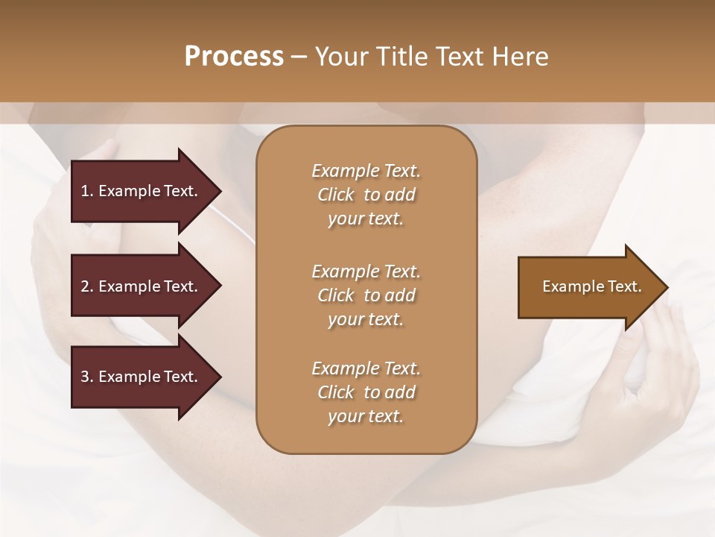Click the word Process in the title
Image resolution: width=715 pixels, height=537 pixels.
[x=234, y=57]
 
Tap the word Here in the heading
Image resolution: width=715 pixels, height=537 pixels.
[x=520, y=57]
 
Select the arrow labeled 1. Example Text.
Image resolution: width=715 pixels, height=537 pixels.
[x=142, y=191]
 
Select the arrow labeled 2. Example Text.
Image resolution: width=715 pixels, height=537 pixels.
[x=142, y=286]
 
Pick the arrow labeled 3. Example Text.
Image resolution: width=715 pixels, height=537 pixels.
[x=142, y=377]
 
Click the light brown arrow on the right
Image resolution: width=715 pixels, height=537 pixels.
[x=588, y=286]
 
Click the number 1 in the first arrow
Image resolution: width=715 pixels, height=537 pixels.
[x=85, y=191]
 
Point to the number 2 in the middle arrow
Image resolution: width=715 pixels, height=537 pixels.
[x=85, y=286]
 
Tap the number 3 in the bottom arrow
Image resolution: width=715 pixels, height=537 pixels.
[x=85, y=377]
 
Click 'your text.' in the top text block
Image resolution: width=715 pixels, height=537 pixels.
[x=366, y=219]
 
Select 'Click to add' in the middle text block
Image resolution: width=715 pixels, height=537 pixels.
[x=366, y=295]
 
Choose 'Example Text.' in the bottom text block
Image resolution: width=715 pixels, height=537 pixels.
[x=366, y=368]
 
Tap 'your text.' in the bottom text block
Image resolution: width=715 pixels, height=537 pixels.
[x=366, y=417]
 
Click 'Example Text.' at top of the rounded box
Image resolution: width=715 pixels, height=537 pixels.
[x=366, y=171]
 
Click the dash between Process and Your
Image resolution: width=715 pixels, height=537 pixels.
[x=299, y=57]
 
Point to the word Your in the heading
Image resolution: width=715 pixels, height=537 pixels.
[x=340, y=57]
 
